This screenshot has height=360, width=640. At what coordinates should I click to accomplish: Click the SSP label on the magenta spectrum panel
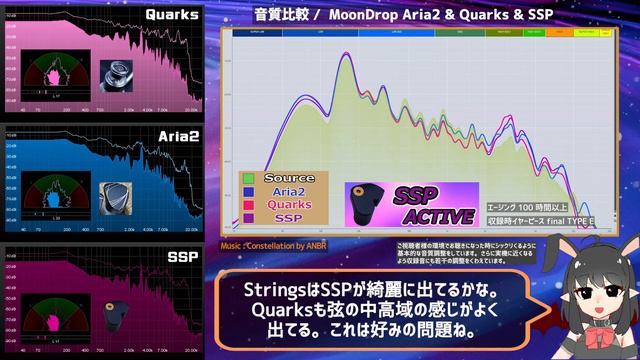(x=182, y=257)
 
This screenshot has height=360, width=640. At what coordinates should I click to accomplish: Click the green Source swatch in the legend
(x=247, y=179)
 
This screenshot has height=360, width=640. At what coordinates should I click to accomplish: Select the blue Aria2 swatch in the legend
(x=247, y=192)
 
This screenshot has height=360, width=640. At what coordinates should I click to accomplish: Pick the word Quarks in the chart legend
(x=289, y=205)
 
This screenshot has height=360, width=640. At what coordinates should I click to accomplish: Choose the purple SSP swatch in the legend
(x=247, y=217)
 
